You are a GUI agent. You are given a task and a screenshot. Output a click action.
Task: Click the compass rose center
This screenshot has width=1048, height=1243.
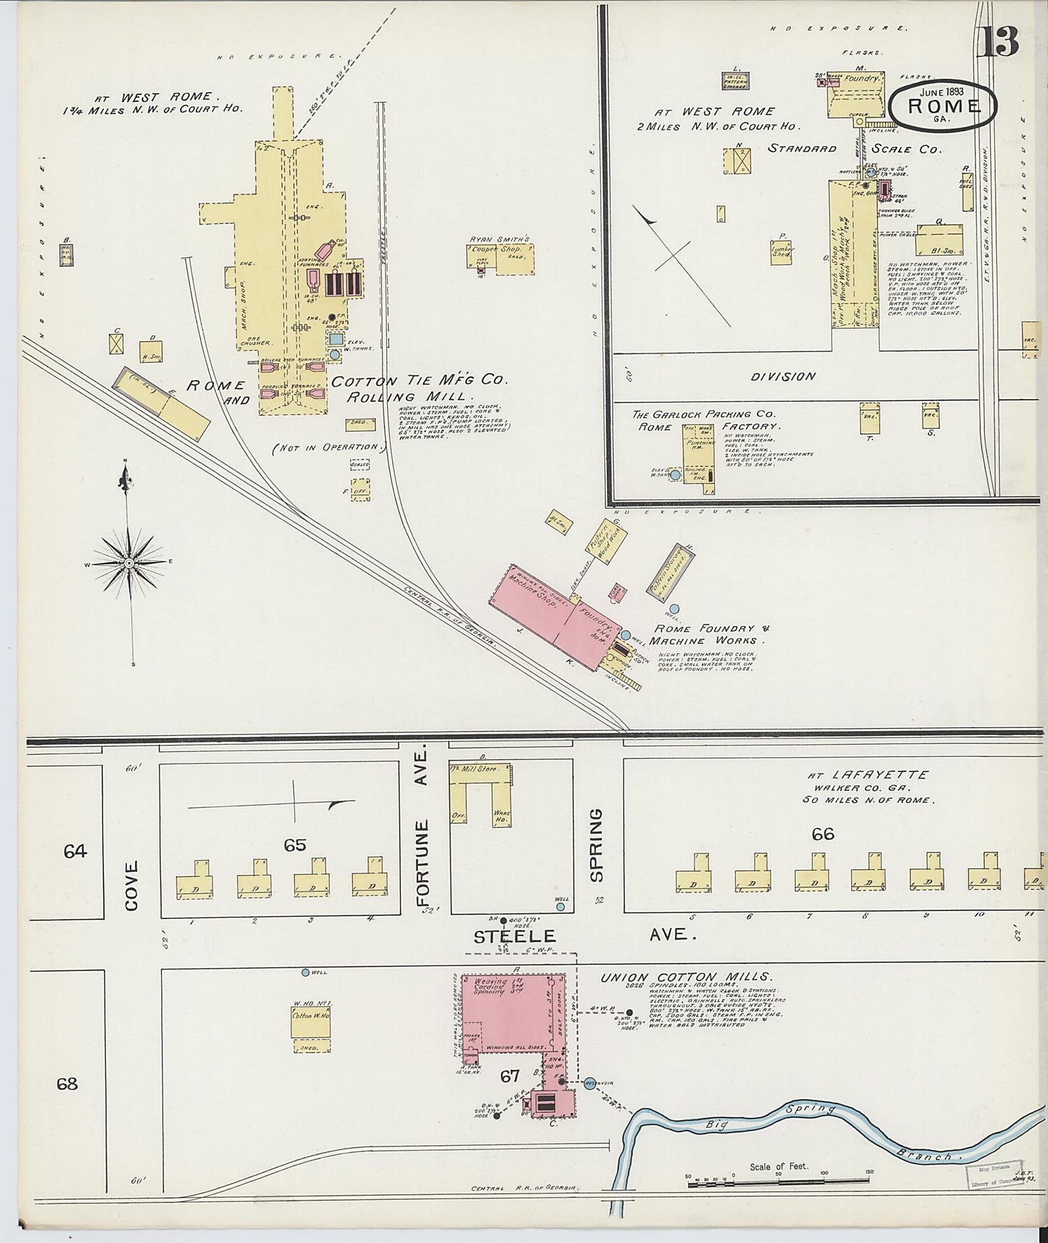coord(129,562)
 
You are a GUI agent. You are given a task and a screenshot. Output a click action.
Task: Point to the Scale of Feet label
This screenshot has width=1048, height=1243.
coord(778,1166)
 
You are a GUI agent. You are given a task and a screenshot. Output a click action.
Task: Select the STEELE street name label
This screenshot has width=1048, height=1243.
coord(514,936)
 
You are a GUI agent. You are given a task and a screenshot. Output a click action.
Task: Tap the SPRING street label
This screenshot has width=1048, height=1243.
coord(596,845)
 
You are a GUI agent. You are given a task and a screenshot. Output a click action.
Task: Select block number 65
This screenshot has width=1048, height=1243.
coord(294,845)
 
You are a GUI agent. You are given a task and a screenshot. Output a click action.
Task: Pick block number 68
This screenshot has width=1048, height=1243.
coord(67,1084)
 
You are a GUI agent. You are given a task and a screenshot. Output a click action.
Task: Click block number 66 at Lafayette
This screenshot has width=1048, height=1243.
coord(822,834)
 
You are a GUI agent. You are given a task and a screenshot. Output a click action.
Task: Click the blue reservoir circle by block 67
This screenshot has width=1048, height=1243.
coord(590,1083)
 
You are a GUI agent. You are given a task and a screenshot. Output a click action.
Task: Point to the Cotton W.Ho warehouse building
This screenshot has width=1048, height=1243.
coord(310,1021)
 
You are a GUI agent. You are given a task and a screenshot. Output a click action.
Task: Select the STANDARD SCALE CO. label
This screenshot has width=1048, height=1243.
coord(854,149)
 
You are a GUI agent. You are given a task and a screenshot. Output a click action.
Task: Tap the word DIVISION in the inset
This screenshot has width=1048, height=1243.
coord(783,376)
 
